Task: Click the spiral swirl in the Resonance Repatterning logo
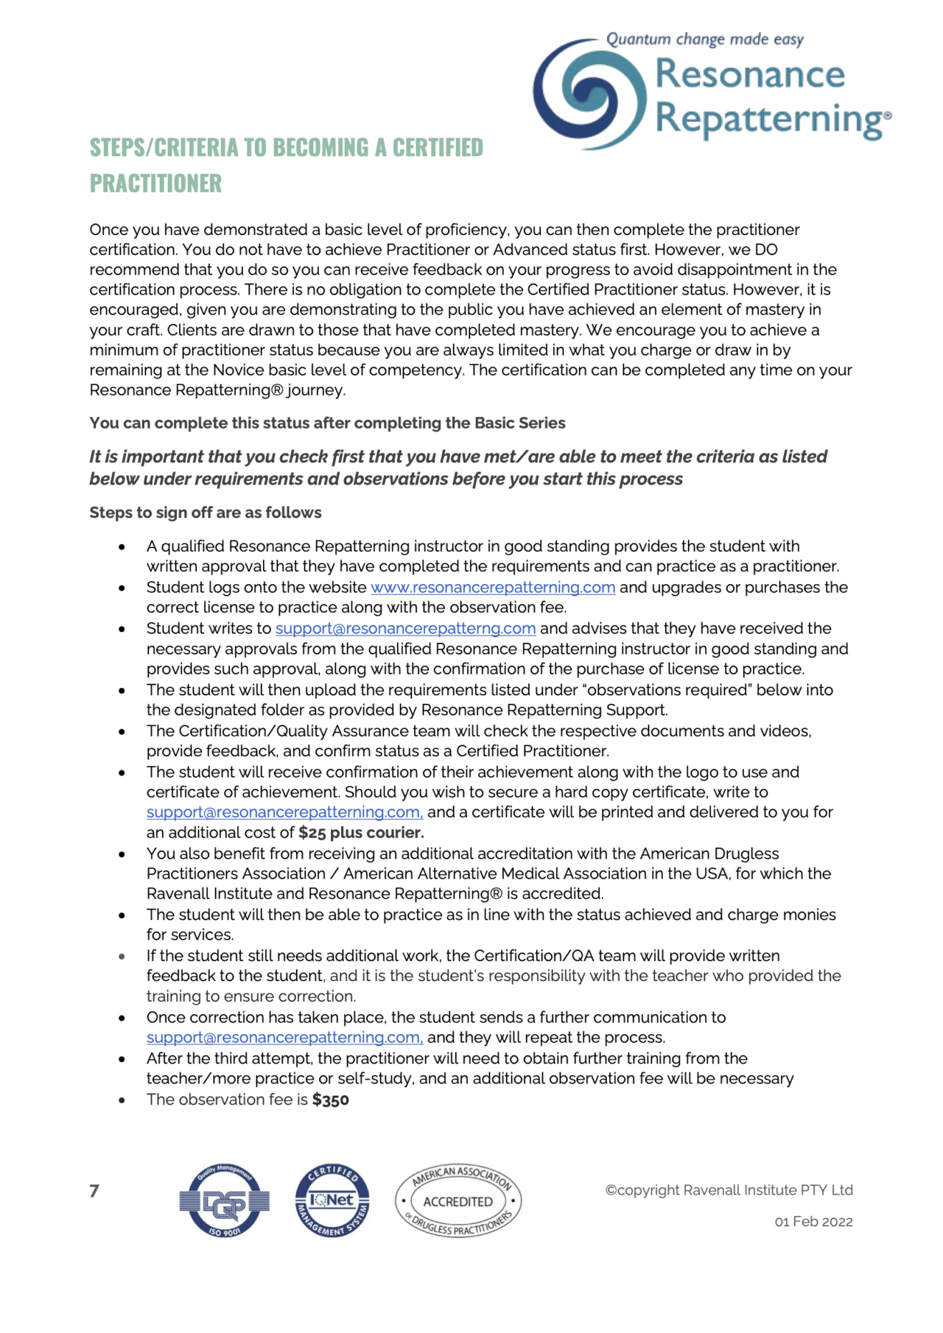[590, 94]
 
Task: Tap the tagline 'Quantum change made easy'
[704, 39]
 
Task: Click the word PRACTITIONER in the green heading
[155, 183]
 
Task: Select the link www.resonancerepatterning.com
[493, 587]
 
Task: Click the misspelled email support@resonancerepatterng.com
[405, 628]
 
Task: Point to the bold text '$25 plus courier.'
[361, 832]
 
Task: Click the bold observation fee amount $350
[331, 1100]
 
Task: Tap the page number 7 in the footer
[94, 1191]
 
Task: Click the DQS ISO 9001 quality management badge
[224, 1200]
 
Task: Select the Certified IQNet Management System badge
[332, 1200]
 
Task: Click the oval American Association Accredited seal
[458, 1200]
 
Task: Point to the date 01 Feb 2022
[813, 1222]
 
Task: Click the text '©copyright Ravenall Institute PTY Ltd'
[729, 1190]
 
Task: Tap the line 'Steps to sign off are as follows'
[206, 513]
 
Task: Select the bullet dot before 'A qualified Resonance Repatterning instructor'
[122, 547]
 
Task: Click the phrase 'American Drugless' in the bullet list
[709, 854]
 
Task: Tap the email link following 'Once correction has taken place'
[284, 1037]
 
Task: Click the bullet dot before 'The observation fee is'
[122, 1100]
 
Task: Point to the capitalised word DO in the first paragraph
[766, 250]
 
